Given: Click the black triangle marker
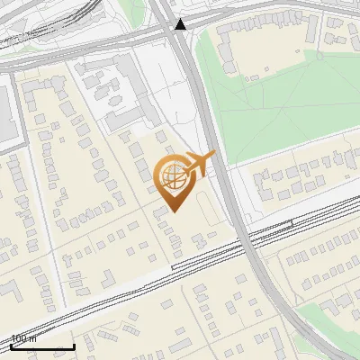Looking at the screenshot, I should click(181, 24).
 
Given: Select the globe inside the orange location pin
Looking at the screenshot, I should click(175, 176).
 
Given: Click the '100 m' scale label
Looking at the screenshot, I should click(23, 338).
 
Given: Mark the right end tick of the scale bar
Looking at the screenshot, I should click(75, 346).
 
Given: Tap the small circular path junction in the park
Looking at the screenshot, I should click(318, 56).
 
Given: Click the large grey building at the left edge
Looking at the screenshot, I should click(9, 112).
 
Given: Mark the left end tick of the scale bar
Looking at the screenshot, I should click(11, 346).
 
